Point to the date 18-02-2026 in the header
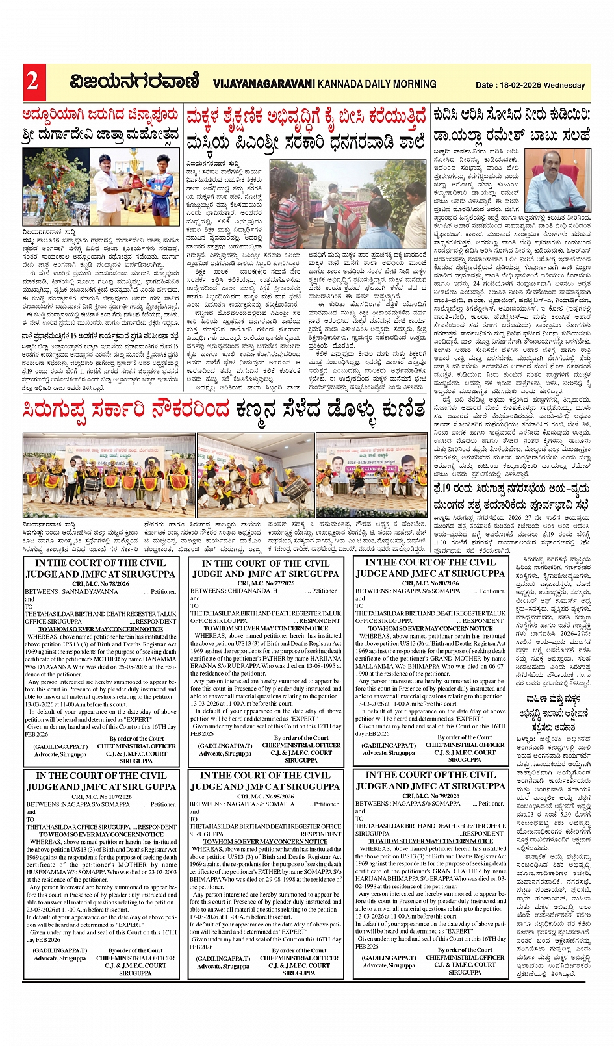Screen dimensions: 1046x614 click(522, 85)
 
